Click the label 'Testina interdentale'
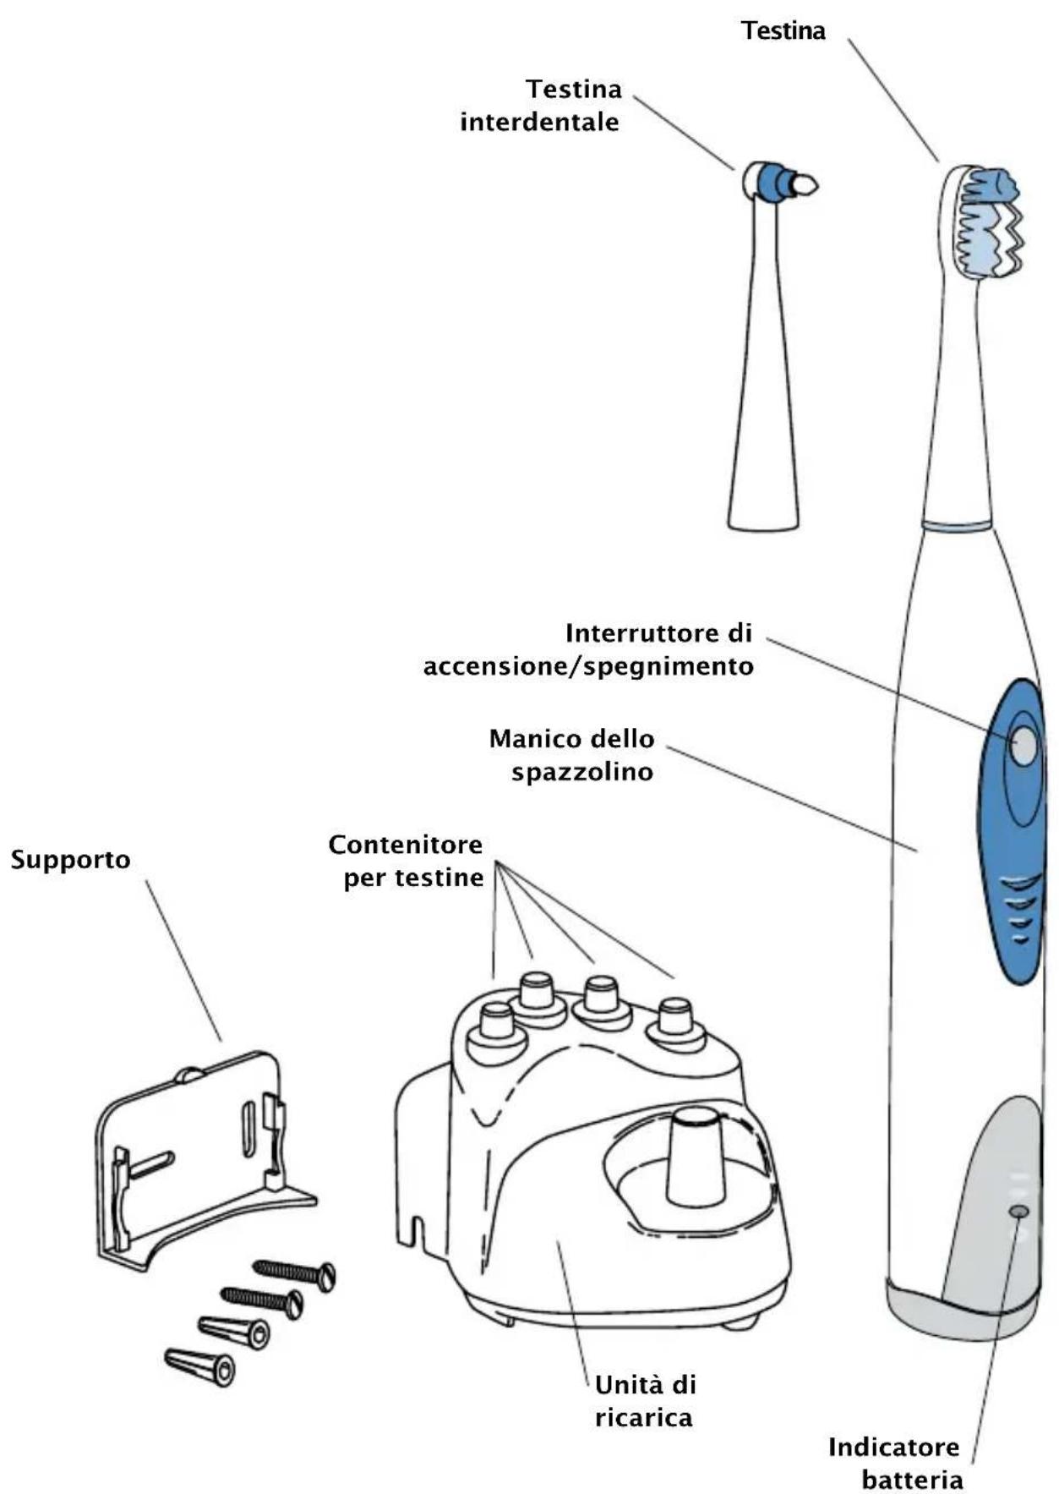[x=540, y=105]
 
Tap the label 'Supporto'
[x=71, y=860]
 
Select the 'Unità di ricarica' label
[x=645, y=1401]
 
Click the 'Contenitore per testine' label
[x=407, y=861]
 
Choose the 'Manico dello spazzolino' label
[x=572, y=754]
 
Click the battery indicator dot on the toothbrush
[x=1019, y=1212]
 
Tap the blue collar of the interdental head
[x=770, y=181]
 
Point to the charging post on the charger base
[x=696, y=1156]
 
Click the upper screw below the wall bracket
[x=295, y=1272]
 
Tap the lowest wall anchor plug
[x=200, y=1365]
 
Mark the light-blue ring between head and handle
[x=956, y=525]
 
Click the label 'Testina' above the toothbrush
[x=783, y=31]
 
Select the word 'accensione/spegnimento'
[x=588, y=666]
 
